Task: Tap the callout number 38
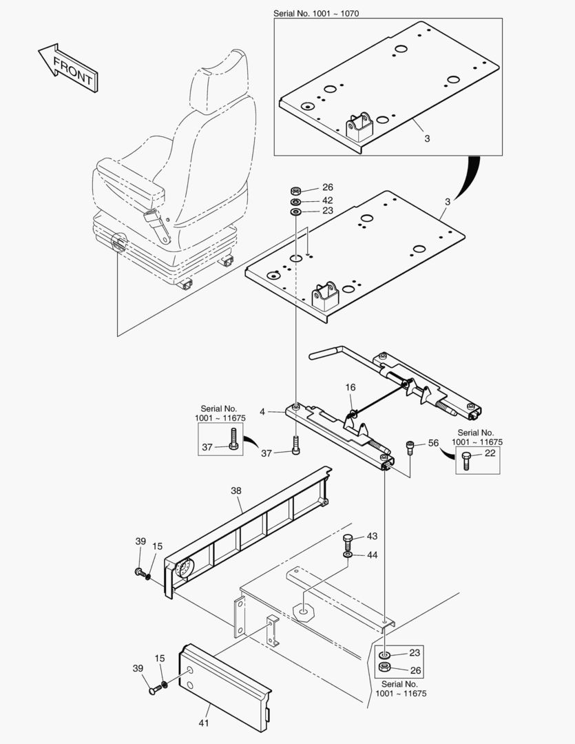pyautogui.click(x=236, y=491)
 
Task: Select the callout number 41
pyautogui.click(x=204, y=723)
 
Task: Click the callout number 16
pyautogui.click(x=351, y=389)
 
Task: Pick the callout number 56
pyautogui.click(x=434, y=444)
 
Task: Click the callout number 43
pyautogui.click(x=372, y=536)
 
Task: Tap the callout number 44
pyautogui.click(x=372, y=555)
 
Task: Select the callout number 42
pyautogui.click(x=327, y=200)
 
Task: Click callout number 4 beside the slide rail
pyautogui.click(x=262, y=412)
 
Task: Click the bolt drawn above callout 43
pyautogui.click(x=348, y=539)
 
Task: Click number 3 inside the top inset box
pyautogui.click(x=427, y=138)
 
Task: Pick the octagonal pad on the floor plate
pyautogui.click(x=302, y=610)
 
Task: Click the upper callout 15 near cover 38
pyautogui.click(x=158, y=546)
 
